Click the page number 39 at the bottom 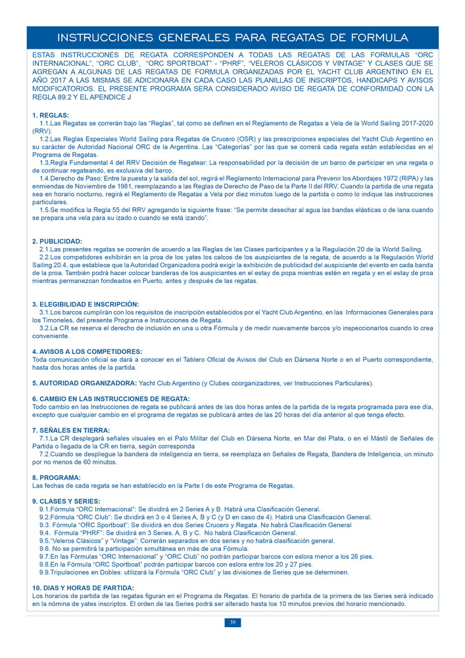click(x=232, y=622)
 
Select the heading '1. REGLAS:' click(x=50, y=116)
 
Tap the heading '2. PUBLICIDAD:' click(x=57, y=241)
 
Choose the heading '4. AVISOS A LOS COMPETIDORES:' click(x=87, y=352)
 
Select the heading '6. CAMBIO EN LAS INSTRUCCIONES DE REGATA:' click(x=110, y=399)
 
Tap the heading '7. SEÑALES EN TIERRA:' click(x=70, y=430)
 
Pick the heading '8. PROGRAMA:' click(x=57, y=477)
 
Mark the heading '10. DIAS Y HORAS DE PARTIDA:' click(x=83, y=587)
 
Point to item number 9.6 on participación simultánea click(x=46, y=548)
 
